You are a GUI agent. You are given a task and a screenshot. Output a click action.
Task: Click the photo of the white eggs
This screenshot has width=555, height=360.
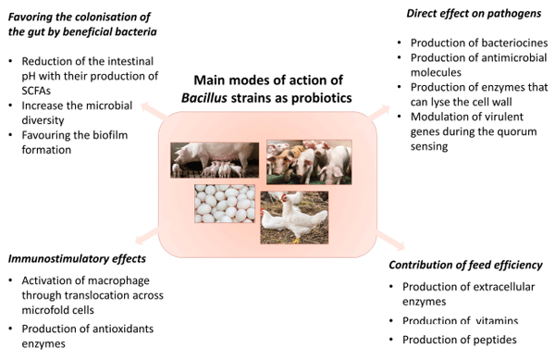(x=225, y=202)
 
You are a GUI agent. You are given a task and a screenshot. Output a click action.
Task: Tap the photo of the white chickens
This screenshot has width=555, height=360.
(x=294, y=217)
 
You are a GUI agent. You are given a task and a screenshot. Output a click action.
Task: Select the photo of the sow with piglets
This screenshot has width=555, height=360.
(x=215, y=157)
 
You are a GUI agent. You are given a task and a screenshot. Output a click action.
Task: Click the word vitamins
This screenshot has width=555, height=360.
(x=498, y=320)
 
